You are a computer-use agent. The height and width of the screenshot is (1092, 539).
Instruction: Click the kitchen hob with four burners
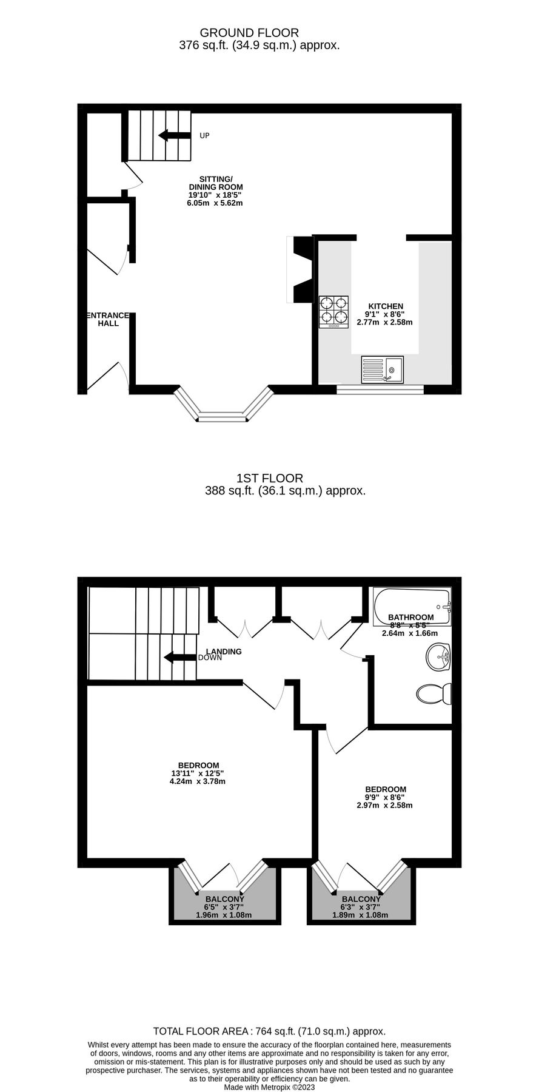pos(334,312)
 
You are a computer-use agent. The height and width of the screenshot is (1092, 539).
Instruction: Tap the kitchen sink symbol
pos(383,369)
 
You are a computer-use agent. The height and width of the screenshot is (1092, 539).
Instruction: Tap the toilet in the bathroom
pos(435,693)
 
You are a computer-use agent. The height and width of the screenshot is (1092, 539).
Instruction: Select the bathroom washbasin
pos(438,657)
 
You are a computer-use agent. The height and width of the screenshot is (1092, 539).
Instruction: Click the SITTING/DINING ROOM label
pos(215,183)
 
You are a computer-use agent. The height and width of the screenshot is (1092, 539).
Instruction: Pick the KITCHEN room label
pos(384,306)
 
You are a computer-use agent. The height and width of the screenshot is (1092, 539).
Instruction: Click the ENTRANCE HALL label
pos(107,319)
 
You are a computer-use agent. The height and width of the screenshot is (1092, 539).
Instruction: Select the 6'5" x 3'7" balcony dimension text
pos(224,907)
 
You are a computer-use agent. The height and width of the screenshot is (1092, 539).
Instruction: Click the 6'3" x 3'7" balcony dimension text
pos(360,907)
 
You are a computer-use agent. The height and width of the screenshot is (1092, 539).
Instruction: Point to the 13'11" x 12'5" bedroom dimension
pos(198,773)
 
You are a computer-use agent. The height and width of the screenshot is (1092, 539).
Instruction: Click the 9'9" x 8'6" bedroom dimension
pos(384,797)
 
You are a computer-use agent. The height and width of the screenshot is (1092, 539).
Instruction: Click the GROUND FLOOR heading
pos(249,33)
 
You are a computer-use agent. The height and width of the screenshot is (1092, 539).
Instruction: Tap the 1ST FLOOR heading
pos(270,478)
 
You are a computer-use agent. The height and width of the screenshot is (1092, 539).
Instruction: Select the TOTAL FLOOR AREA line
pos(269,1031)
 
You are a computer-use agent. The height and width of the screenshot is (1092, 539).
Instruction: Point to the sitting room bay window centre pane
pos(223,417)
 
